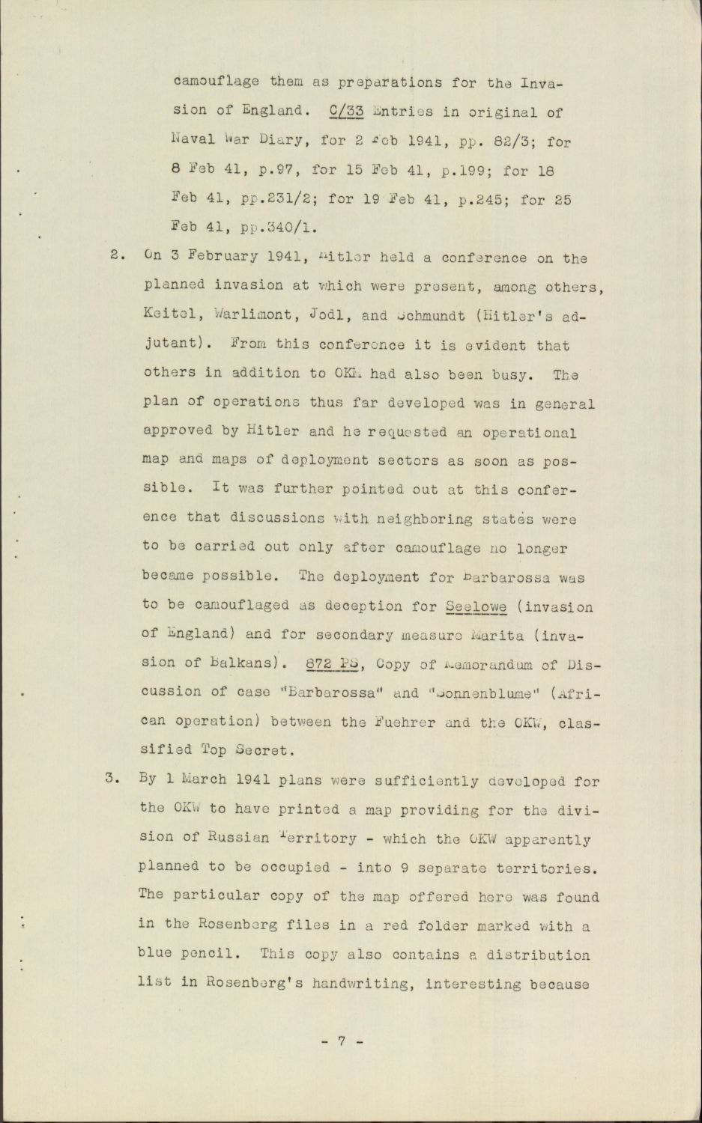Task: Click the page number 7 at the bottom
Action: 340,1041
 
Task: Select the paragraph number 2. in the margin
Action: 116,254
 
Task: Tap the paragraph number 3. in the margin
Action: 112,776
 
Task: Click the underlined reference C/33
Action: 346,112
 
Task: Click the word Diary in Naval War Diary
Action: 278,140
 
